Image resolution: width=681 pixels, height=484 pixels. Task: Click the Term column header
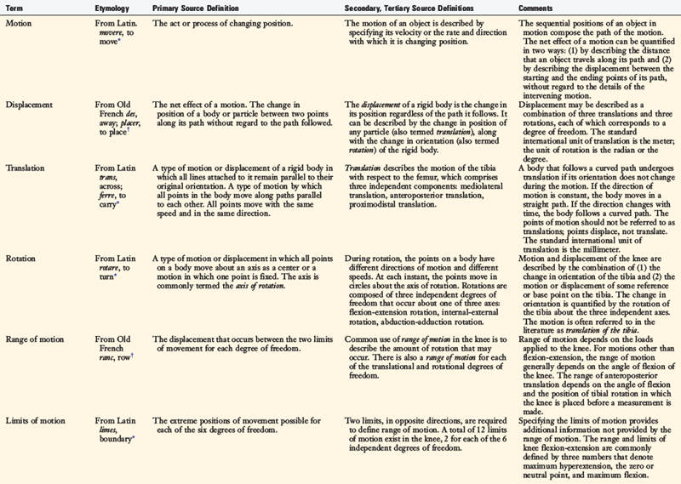click(x=15, y=7)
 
